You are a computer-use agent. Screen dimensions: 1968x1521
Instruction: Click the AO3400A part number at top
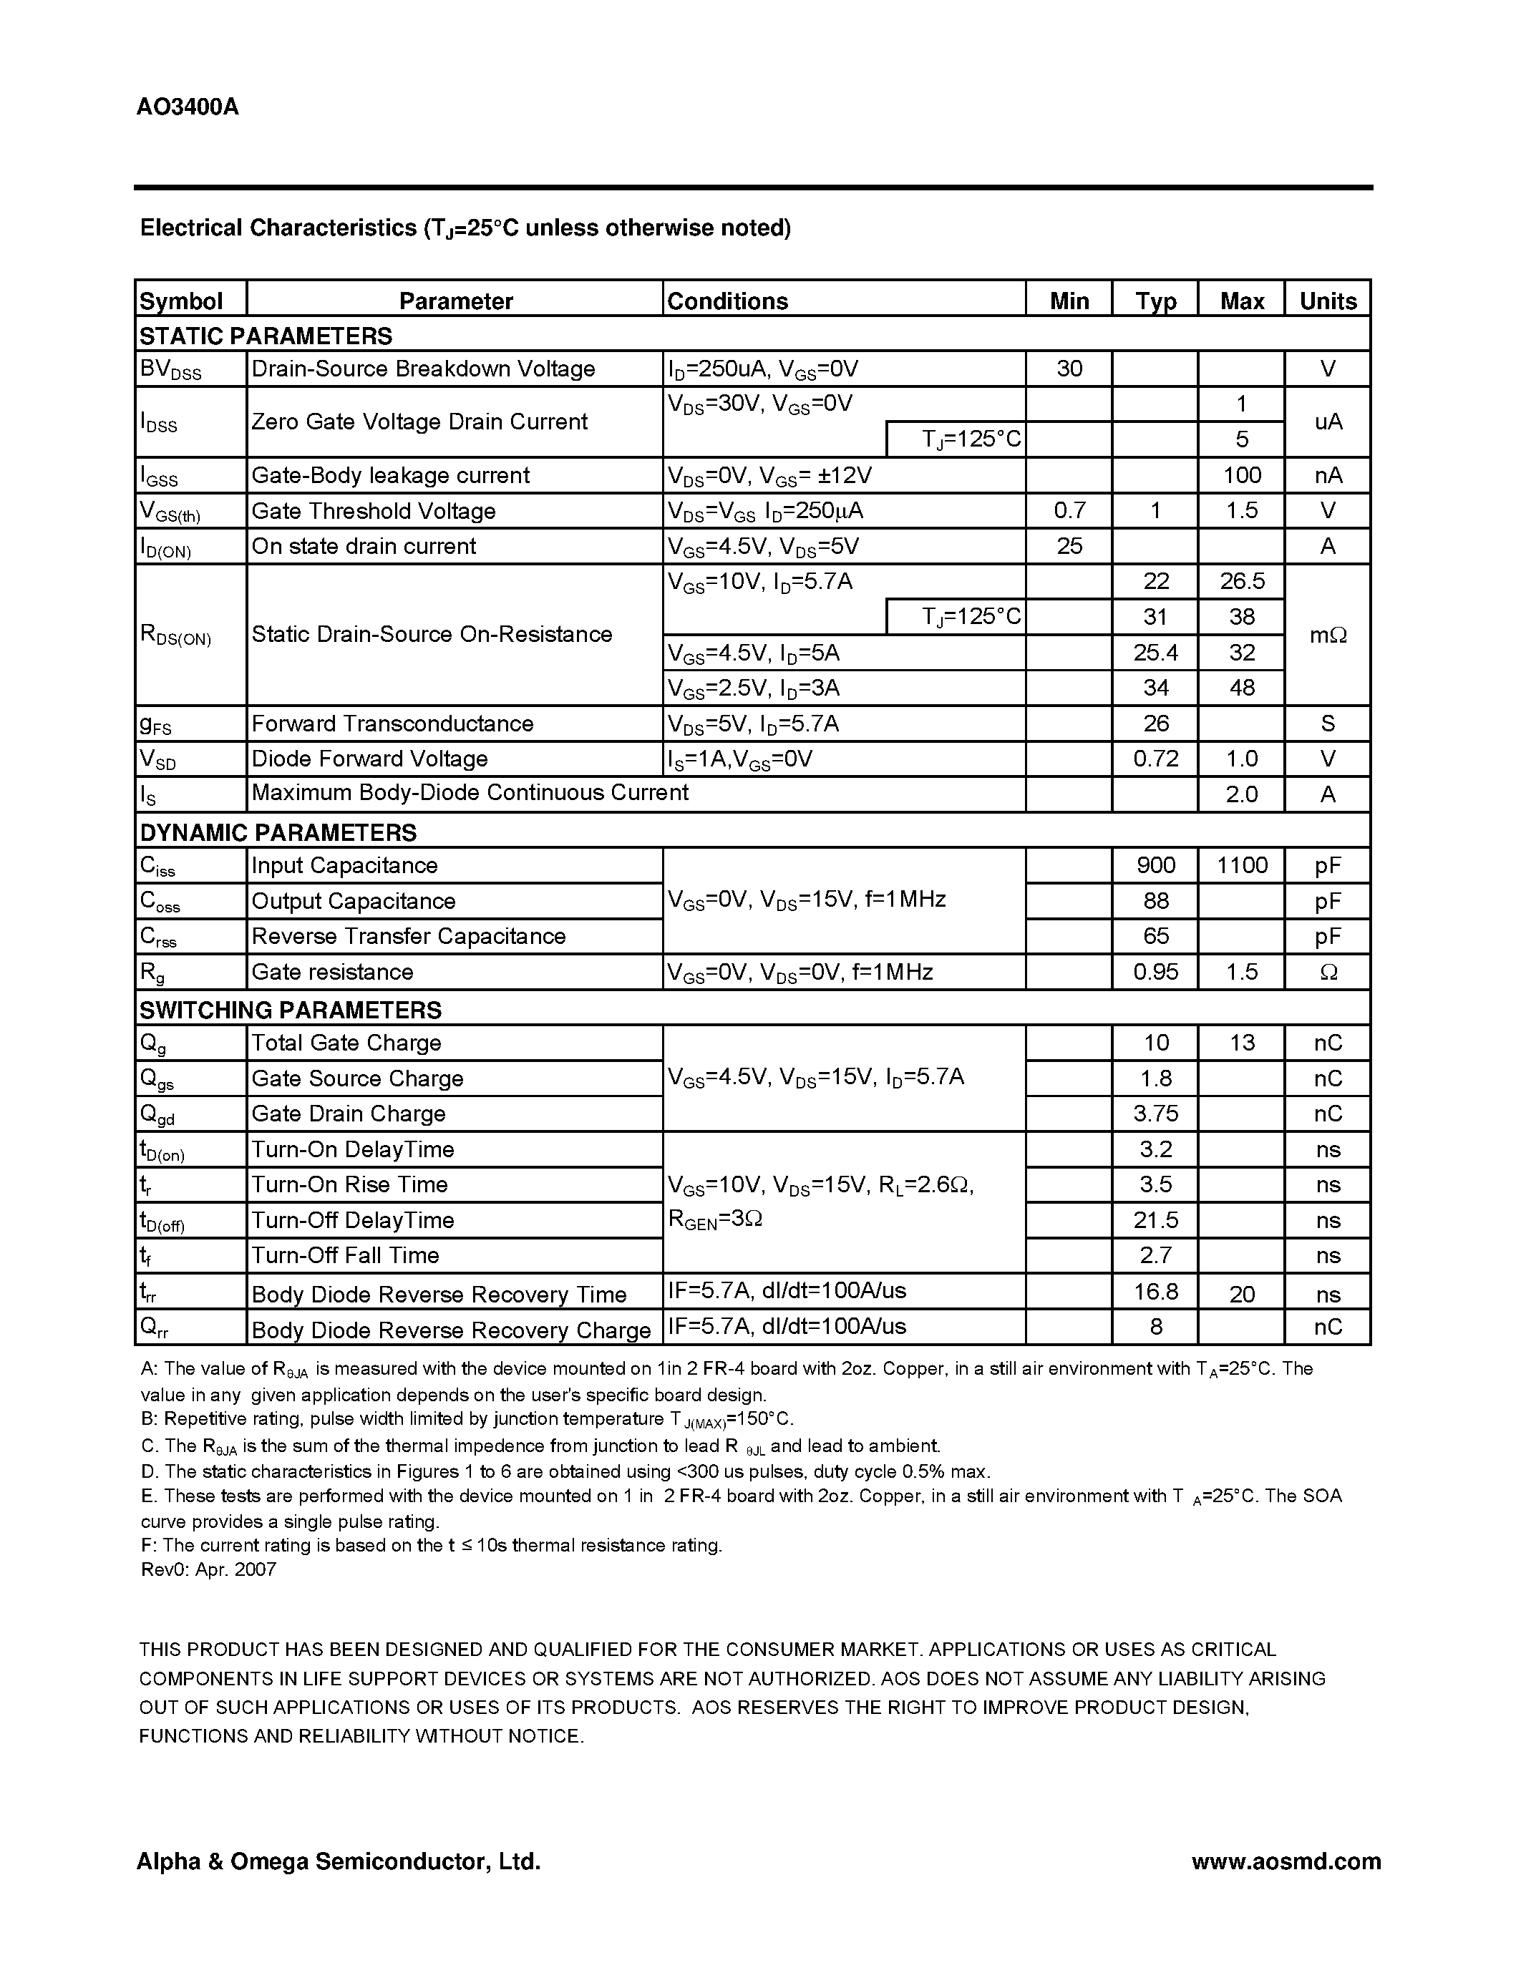point(188,107)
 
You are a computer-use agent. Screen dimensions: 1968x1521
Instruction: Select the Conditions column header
point(727,301)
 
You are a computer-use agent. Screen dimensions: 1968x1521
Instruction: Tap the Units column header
point(1327,301)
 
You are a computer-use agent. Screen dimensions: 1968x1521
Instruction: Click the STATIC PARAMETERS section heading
point(266,336)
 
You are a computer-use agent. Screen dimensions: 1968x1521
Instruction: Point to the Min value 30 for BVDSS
point(1069,369)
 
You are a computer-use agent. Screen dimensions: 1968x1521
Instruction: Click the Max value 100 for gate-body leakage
point(1242,475)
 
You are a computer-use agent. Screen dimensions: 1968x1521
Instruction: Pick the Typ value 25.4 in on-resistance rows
point(1155,653)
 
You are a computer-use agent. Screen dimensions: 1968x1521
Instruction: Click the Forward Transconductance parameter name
point(392,724)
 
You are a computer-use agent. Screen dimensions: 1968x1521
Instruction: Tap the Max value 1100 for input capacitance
point(1242,865)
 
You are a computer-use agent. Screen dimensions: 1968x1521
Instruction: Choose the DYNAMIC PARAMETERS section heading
point(278,832)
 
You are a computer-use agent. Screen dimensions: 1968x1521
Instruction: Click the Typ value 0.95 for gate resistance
point(1155,971)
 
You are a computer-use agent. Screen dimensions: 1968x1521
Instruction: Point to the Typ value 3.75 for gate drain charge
point(1155,1114)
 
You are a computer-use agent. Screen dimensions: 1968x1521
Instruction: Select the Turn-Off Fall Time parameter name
point(345,1255)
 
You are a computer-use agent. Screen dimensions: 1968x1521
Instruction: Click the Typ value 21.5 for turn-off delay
point(1155,1220)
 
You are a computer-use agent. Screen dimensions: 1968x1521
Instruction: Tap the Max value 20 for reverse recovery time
point(1242,1295)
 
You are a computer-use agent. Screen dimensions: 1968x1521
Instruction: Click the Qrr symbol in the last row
point(153,1328)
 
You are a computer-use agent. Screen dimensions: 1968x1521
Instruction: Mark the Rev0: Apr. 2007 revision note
point(209,1569)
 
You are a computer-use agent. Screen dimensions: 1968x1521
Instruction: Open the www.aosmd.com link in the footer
point(1286,1861)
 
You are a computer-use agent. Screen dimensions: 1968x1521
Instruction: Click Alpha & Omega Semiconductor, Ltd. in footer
point(338,1861)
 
